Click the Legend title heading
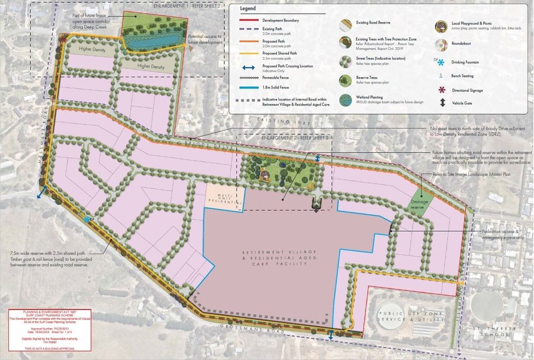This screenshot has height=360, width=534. pyautogui.click(x=248, y=9)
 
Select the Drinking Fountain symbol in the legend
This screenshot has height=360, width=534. pyautogui.click(x=442, y=62)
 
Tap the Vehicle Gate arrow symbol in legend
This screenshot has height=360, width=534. pyautogui.click(x=442, y=103)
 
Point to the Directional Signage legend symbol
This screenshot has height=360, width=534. pyautogui.click(x=442, y=89)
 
